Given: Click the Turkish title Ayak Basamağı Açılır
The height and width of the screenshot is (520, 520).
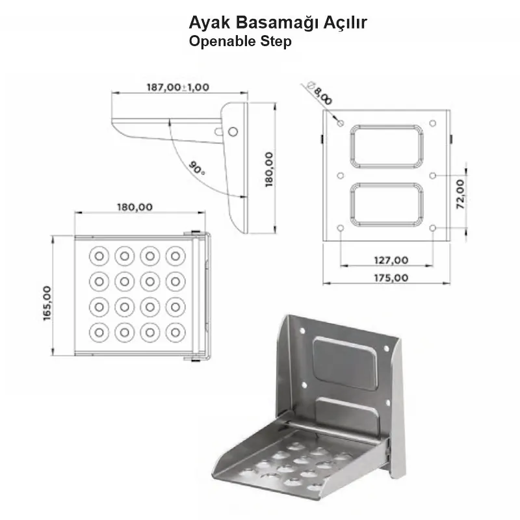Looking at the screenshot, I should [x=278, y=23].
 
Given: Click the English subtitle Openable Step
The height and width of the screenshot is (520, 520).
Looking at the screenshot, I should [x=240, y=42].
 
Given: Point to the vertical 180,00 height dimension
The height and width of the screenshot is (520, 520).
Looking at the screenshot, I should [x=269, y=169].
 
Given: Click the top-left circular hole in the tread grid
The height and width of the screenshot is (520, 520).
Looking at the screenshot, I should [x=99, y=255].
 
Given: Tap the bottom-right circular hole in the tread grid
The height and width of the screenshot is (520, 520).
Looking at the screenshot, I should [x=174, y=332].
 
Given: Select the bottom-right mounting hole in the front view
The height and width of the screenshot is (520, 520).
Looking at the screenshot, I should [x=433, y=227].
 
